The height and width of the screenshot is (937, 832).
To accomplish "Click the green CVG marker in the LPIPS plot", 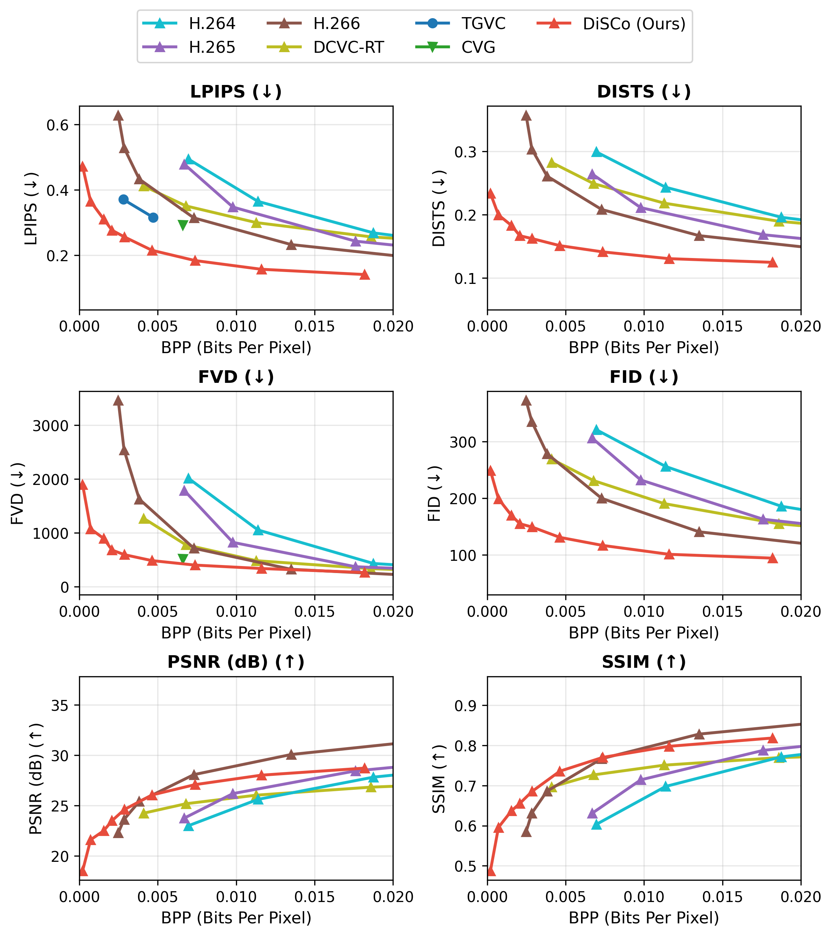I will click(183, 224).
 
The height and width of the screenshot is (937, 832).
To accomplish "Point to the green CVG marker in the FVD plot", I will click(183, 558).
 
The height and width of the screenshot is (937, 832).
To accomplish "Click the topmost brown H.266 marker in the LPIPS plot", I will click(118, 115).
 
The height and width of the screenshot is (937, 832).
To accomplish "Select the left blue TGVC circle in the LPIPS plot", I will click(123, 199).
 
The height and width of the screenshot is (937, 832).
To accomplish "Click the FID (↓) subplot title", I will click(644, 377).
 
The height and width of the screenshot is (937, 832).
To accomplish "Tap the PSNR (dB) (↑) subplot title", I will click(236, 662).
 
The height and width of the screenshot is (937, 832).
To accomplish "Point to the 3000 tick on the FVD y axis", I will click(50, 426).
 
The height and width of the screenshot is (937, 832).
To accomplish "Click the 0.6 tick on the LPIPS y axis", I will click(57, 125).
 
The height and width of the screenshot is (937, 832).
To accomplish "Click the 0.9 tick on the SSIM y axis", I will click(465, 706).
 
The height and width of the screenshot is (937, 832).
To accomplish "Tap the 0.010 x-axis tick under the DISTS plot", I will click(644, 327).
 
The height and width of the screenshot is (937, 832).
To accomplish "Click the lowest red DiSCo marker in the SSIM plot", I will click(490, 871).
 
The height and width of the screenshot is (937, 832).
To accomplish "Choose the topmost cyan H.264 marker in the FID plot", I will click(596, 430).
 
